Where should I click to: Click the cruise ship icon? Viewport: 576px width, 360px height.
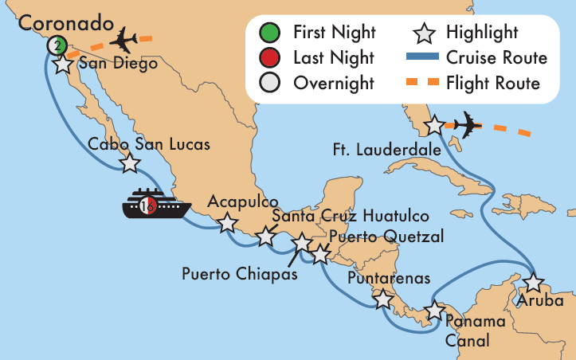pyautogui.click(x=155, y=205)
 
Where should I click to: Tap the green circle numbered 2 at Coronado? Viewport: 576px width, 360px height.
pyautogui.click(x=56, y=45)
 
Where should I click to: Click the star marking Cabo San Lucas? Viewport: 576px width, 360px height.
pyautogui.click(x=129, y=163)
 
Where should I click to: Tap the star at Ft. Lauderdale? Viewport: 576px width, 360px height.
pyautogui.click(x=434, y=126)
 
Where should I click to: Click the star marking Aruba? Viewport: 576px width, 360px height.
pyautogui.click(x=533, y=283)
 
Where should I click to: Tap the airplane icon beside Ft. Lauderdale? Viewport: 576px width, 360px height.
pyautogui.click(x=468, y=125)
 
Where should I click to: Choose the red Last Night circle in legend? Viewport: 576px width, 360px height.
pyautogui.click(x=270, y=57)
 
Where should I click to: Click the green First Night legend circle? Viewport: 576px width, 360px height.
pyautogui.click(x=270, y=33)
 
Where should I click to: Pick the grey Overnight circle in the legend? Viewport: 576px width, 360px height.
pyautogui.click(x=270, y=83)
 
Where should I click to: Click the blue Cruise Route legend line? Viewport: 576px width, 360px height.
pyautogui.click(x=425, y=57)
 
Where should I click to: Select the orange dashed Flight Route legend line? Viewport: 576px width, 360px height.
pyautogui.click(x=425, y=83)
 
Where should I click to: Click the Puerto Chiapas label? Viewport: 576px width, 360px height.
pyautogui.click(x=239, y=274)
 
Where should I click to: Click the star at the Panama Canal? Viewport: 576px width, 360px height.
pyautogui.click(x=435, y=310)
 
